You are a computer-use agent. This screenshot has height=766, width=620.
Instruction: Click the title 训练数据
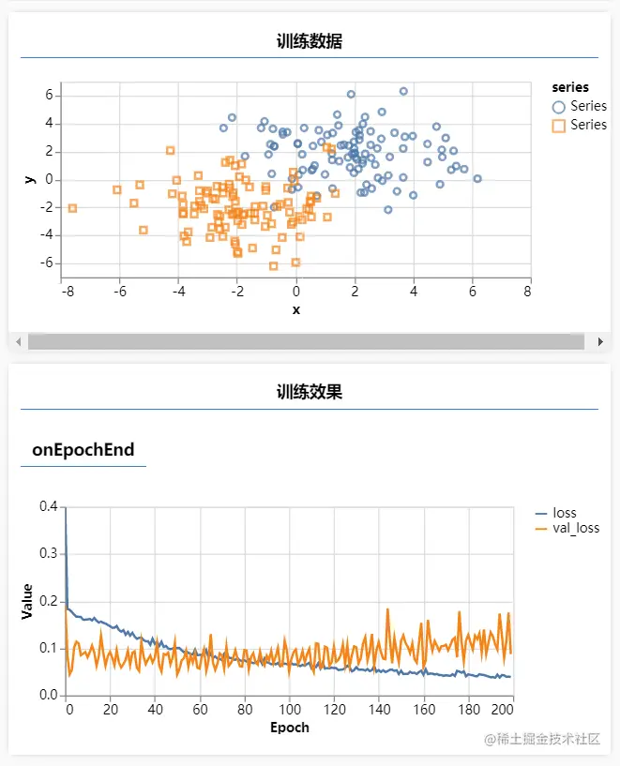pyautogui.click(x=309, y=41)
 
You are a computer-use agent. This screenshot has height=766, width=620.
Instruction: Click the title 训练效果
pyautogui.click(x=309, y=392)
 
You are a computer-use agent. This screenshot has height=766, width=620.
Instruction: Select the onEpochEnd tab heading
pyautogui.click(x=83, y=450)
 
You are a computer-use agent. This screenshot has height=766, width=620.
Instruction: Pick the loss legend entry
pyautogui.click(x=565, y=513)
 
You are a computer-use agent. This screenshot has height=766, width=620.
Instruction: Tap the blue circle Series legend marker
pyautogui.click(x=560, y=107)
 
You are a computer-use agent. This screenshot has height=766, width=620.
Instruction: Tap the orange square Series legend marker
pyautogui.click(x=560, y=125)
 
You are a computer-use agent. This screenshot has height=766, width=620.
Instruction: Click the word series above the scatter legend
pyautogui.click(x=570, y=87)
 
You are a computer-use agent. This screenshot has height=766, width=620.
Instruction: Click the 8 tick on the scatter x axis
pyautogui.click(x=528, y=293)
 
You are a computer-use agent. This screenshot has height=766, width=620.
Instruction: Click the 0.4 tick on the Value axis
pyautogui.click(x=48, y=506)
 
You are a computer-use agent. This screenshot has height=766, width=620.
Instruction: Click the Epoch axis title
pyautogui.click(x=290, y=728)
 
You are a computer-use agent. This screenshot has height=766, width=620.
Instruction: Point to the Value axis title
pyautogui.click(x=27, y=601)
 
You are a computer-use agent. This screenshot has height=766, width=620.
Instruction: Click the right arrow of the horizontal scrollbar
pyautogui.click(x=601, y=342)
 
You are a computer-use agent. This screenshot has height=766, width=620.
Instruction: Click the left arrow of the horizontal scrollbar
pyautogui.click(x=18, y=342)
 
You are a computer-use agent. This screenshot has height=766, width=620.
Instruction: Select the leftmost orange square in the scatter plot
pyautogui.click(x=72, y=208)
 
